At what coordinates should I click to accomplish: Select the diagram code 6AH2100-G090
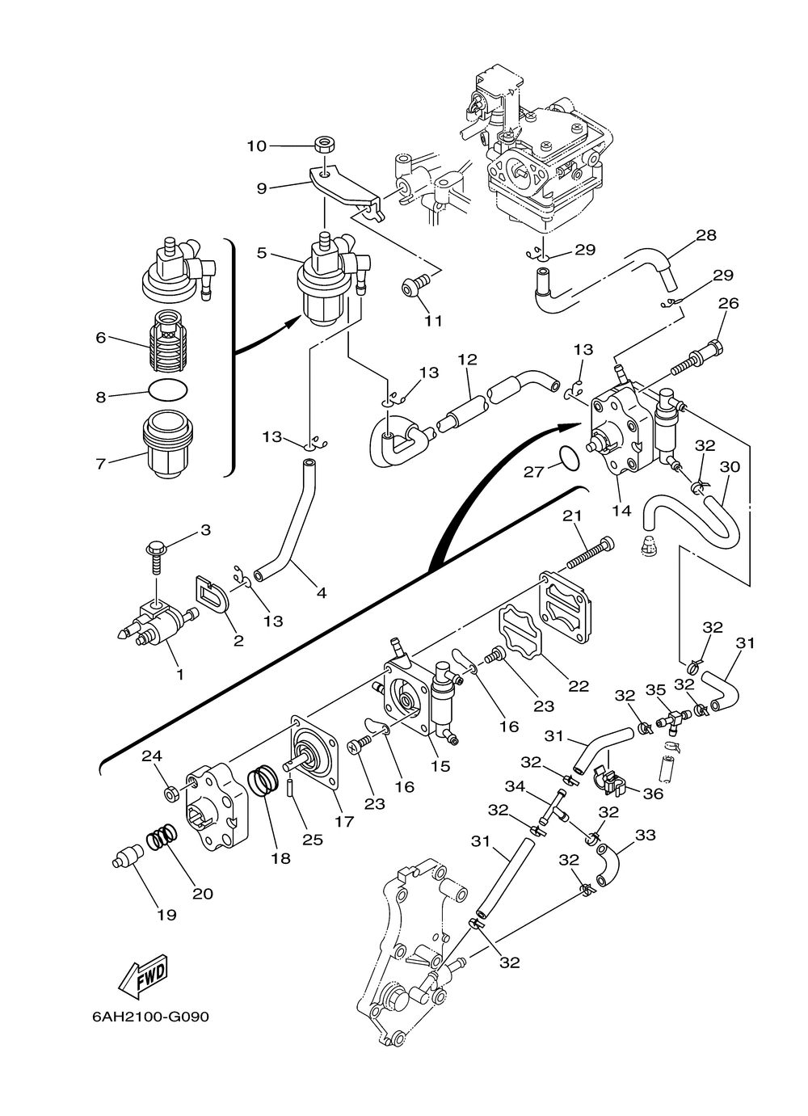[x=150, y=1016]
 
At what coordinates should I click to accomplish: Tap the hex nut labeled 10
[x=326, y=146]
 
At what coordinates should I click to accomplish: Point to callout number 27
[x=533, y=471]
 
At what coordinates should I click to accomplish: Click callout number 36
[x=652, y=793]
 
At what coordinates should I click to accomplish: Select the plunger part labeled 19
[x=127, y=858]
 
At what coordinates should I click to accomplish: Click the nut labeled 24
[x=171, y=794]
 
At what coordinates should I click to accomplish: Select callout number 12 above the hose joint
[x=468, y=358]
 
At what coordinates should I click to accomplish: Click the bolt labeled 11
[x=415, y=287]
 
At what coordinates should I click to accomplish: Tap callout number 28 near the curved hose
[x=706, y=235]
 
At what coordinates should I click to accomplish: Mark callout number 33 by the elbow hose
[x=646, y=835]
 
